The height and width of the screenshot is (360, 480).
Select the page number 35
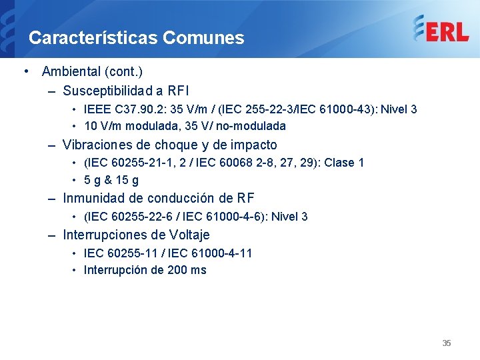(447, 343)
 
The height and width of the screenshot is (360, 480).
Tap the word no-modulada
(253, 126)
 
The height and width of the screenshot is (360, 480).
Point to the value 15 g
(127, 180)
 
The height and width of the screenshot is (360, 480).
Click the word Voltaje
(189, 235)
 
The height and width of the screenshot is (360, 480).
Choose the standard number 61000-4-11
(223, 253)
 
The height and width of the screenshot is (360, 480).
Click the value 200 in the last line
(161, 270)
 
